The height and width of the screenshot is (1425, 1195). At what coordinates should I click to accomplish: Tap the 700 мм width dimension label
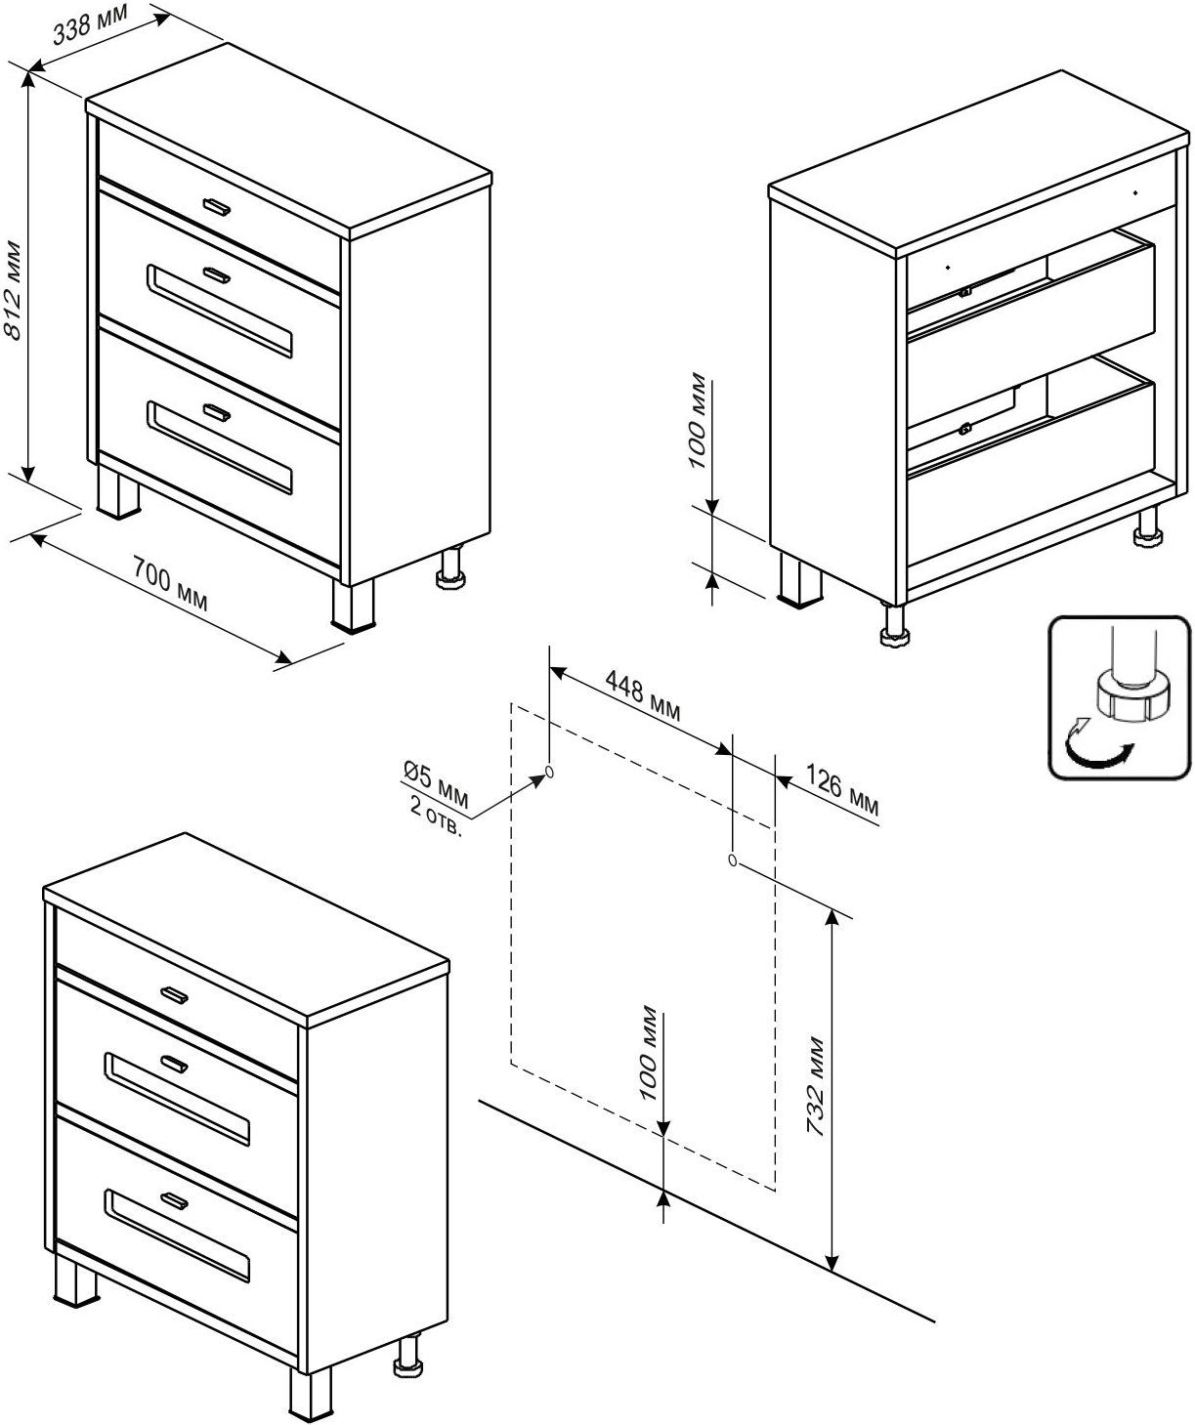tap(172, 589)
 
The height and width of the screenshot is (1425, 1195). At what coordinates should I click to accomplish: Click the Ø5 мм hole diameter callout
tap(436, 781)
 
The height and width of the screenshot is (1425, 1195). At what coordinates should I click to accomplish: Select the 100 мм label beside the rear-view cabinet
tap(700, 420)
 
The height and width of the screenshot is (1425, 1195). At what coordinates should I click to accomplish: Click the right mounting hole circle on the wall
tap(733, 860)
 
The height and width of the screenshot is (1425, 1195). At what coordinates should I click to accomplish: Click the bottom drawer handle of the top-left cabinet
tap(216, 412)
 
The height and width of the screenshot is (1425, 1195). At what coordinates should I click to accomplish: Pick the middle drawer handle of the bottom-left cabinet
tap(174, 1064)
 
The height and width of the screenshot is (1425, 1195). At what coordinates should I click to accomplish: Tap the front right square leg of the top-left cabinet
tap(352, 606)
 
